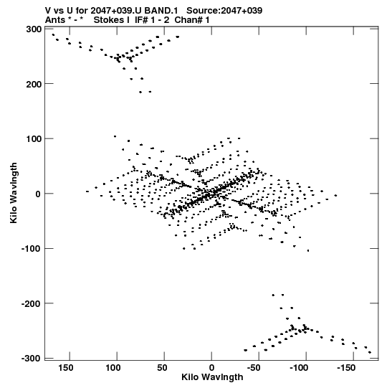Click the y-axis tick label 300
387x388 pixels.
[x=34, y=29]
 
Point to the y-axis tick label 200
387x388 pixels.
[x=34, y=84]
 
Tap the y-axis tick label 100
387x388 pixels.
[x=34, y=139]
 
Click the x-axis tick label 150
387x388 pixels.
[x=66, y=368]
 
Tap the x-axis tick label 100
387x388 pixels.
[x=113, y=368]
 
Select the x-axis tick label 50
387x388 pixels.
[x=162, y=368]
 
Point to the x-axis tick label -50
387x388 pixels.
[x=254, y=368]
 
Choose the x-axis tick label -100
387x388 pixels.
[x=299, y=368]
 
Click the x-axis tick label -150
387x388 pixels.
[x=346, y=368]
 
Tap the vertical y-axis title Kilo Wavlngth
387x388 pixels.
[x=14, y=193]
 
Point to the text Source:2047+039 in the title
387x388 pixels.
[x=224, y=11]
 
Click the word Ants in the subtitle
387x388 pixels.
[x=54, y=20]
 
